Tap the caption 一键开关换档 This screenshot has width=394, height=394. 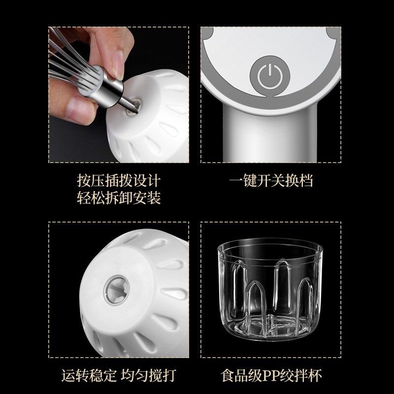coord(271,180)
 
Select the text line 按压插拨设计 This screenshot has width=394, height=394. coord(119,180)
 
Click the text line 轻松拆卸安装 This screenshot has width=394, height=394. coord(119,198)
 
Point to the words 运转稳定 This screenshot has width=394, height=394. coord(88,375)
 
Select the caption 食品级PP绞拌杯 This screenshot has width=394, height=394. coord(271,375)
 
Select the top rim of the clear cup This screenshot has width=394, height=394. coord(271,245)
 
